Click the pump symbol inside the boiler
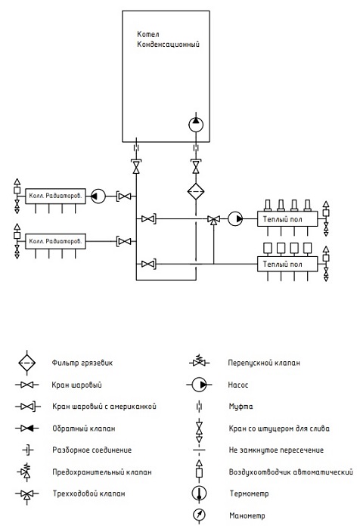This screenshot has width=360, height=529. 196,124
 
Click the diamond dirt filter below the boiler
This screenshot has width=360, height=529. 196,192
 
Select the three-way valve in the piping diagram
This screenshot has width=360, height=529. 213,220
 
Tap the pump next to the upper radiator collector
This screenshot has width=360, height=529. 98,196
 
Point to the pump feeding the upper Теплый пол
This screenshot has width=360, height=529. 235,219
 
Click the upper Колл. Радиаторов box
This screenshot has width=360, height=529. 55,196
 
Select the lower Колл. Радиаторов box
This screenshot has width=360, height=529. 55,241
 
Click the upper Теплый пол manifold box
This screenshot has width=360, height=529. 287,219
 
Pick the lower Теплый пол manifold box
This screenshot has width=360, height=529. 287,264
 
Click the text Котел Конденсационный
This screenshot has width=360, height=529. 168,39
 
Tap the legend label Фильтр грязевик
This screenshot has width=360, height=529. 82,363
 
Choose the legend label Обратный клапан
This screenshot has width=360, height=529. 84,428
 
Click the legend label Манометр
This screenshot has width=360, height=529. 247,515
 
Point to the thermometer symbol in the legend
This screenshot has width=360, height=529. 199,493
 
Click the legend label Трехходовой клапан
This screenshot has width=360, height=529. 88,493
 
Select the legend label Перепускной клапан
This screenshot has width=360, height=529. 264,363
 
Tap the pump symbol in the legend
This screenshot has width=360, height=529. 199,385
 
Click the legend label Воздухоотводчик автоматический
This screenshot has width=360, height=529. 290,472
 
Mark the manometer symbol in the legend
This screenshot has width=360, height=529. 199,515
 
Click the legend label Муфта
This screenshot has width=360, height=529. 241,407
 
